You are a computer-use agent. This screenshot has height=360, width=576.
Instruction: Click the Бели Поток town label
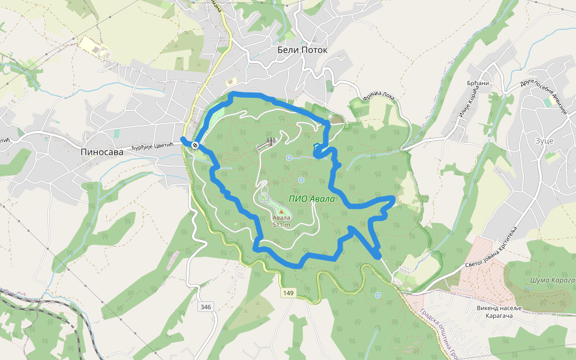pos(302,50)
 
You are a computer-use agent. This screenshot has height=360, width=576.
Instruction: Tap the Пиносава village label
pos(101,152)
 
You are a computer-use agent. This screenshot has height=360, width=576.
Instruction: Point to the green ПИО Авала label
pos(310,199)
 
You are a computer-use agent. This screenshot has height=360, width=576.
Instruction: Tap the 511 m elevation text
pos(281,225)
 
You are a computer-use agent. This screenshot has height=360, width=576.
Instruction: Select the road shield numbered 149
pos(289,293)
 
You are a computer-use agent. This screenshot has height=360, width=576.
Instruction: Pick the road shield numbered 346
pos(206,307)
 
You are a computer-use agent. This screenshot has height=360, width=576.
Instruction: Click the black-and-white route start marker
pos(196,145)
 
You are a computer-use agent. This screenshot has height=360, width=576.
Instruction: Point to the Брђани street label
pos(478,83)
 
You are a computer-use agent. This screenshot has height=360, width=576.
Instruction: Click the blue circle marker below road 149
pos(377,295)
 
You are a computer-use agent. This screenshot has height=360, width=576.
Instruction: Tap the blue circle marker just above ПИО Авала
pos(301,179)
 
